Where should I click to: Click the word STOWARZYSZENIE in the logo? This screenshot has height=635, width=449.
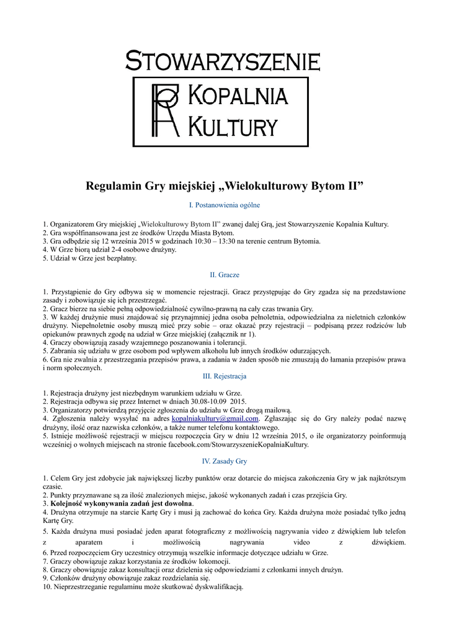[223, 62]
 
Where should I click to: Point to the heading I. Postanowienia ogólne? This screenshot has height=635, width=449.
[224, 205]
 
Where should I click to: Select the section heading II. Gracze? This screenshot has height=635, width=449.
[224, 274]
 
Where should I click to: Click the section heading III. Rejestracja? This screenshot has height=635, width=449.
[224, 376]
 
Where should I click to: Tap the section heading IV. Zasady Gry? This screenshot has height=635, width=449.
[224, 461]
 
